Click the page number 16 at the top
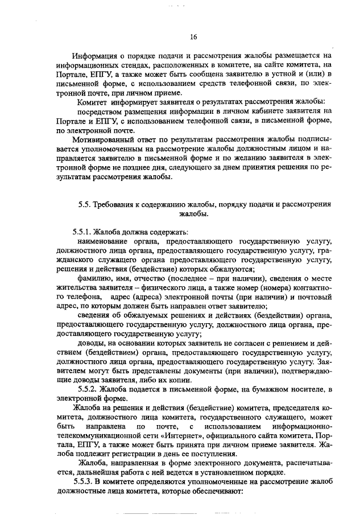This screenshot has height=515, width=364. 193,37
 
